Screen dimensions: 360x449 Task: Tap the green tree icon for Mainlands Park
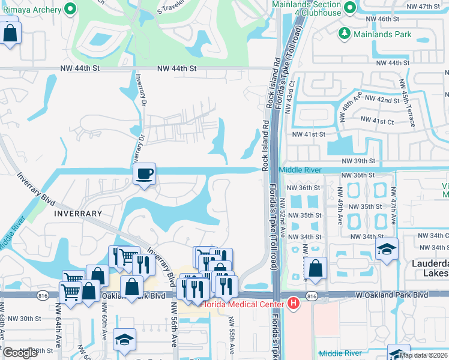(345, 33)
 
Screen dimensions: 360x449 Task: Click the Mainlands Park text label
(383, 34)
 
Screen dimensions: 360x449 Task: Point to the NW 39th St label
(358, 161)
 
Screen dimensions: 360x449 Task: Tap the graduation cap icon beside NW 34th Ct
(387, 248)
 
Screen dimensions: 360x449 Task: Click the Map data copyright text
(423, 355)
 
